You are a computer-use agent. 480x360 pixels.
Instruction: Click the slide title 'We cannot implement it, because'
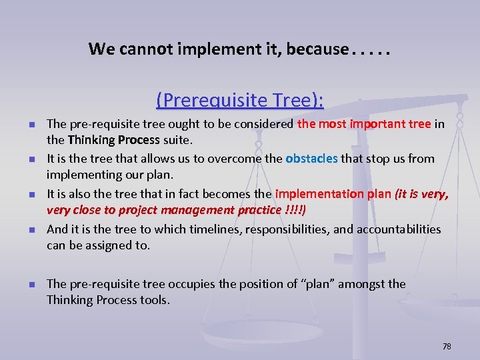(218, 49)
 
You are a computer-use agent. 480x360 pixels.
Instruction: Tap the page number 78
(447, 346)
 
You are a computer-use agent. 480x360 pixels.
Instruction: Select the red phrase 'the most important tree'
(364, 124)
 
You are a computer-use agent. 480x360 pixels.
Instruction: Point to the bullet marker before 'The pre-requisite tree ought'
(31, 125)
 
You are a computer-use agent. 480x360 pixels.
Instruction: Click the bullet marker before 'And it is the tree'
(31, 230)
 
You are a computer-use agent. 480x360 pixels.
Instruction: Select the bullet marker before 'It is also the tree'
(31, 195)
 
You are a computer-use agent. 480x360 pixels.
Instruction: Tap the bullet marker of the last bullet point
(31, 285)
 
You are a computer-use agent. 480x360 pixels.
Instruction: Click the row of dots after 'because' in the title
(371, 50)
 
